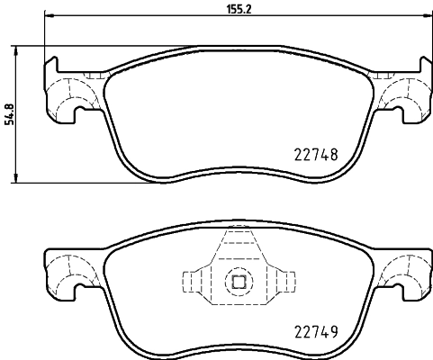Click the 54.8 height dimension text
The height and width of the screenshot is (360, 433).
click(10, 114)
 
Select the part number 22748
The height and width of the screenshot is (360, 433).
click(316, 154)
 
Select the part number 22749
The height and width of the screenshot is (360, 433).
click(316, 332)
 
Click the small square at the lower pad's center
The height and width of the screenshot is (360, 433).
click(239, 281)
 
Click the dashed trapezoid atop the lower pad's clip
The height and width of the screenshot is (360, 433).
click(239, 245)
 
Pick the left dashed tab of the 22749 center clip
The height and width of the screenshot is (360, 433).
click(193, 281)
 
